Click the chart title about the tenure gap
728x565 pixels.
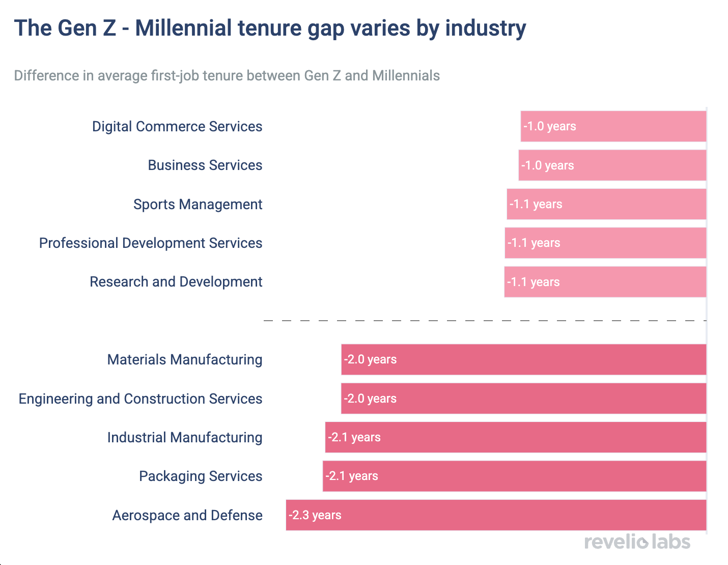pyautogui.click(x=270, y=29)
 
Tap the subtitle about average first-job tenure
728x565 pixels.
pyautogui.click(x=227, y=76)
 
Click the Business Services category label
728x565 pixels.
pyautogui.click(x=205, y=165)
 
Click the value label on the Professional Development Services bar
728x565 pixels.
pyautogui.click(x=534, y=243)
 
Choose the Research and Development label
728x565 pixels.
pyautogui.click(x=176, y=282)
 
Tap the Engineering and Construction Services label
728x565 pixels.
pyautogui.click(x=141, y=399)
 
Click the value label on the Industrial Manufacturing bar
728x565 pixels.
pyautogui.click(x=354, y=437)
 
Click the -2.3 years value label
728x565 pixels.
pyautogui.click(x=315, y=515)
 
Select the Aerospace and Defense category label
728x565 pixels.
pyautogui.click(x=187, y=516)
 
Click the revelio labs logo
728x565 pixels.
pyautogui.click(x=637, y=542)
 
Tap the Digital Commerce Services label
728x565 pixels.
pyautogui.click(x=177, y=127)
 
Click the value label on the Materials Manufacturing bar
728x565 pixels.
pyautogui.click(x=370, y=359)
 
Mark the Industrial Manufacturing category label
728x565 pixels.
pyautogui.click(x=185, y=438)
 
